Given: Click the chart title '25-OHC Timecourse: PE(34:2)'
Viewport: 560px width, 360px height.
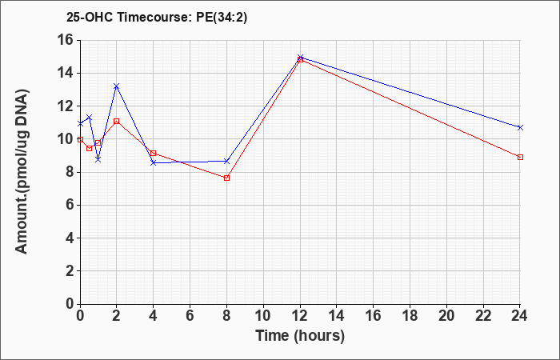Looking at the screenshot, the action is (157, 17).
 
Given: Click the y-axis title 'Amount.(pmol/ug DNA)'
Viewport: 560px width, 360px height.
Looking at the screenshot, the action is (22, 171).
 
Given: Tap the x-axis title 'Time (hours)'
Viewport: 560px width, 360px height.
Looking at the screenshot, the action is (300, 336).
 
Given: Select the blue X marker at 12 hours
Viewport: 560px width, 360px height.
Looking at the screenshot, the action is (300, 57).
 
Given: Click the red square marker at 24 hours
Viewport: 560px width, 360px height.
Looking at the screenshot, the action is (520, 157).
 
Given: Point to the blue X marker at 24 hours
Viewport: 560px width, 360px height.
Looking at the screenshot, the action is (520, 127).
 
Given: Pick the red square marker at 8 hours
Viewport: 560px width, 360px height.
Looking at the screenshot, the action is (226, 178).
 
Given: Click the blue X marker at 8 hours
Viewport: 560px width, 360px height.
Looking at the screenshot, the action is (226, 162).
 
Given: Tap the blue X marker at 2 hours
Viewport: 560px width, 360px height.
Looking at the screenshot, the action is (117, 86).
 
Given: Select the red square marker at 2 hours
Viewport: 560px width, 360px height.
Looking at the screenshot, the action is (117, 122).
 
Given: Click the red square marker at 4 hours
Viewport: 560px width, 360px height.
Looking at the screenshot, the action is (154, 154).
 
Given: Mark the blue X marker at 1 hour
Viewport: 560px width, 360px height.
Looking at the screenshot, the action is (98, 159).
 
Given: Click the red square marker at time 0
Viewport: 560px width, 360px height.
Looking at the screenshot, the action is (80, 140).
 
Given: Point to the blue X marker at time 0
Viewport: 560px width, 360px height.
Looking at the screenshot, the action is (80, 123).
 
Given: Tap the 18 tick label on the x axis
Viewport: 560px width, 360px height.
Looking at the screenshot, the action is (410, 316).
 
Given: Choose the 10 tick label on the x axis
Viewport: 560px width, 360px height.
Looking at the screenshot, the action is (263, 316).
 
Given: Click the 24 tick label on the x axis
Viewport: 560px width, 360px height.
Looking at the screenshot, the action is (520, 316).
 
